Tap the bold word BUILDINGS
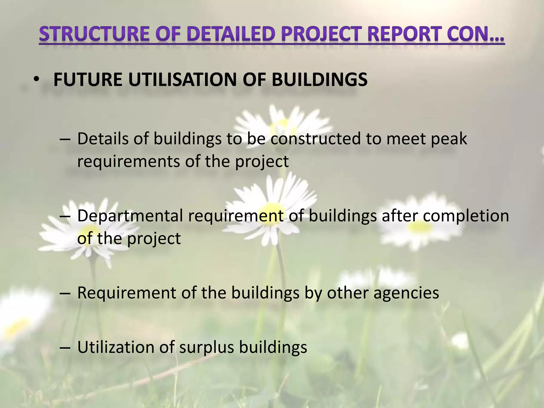coord(320,79)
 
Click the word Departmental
coord(130,216)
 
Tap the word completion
coord(466,216)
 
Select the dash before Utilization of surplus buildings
coord(65,347)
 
